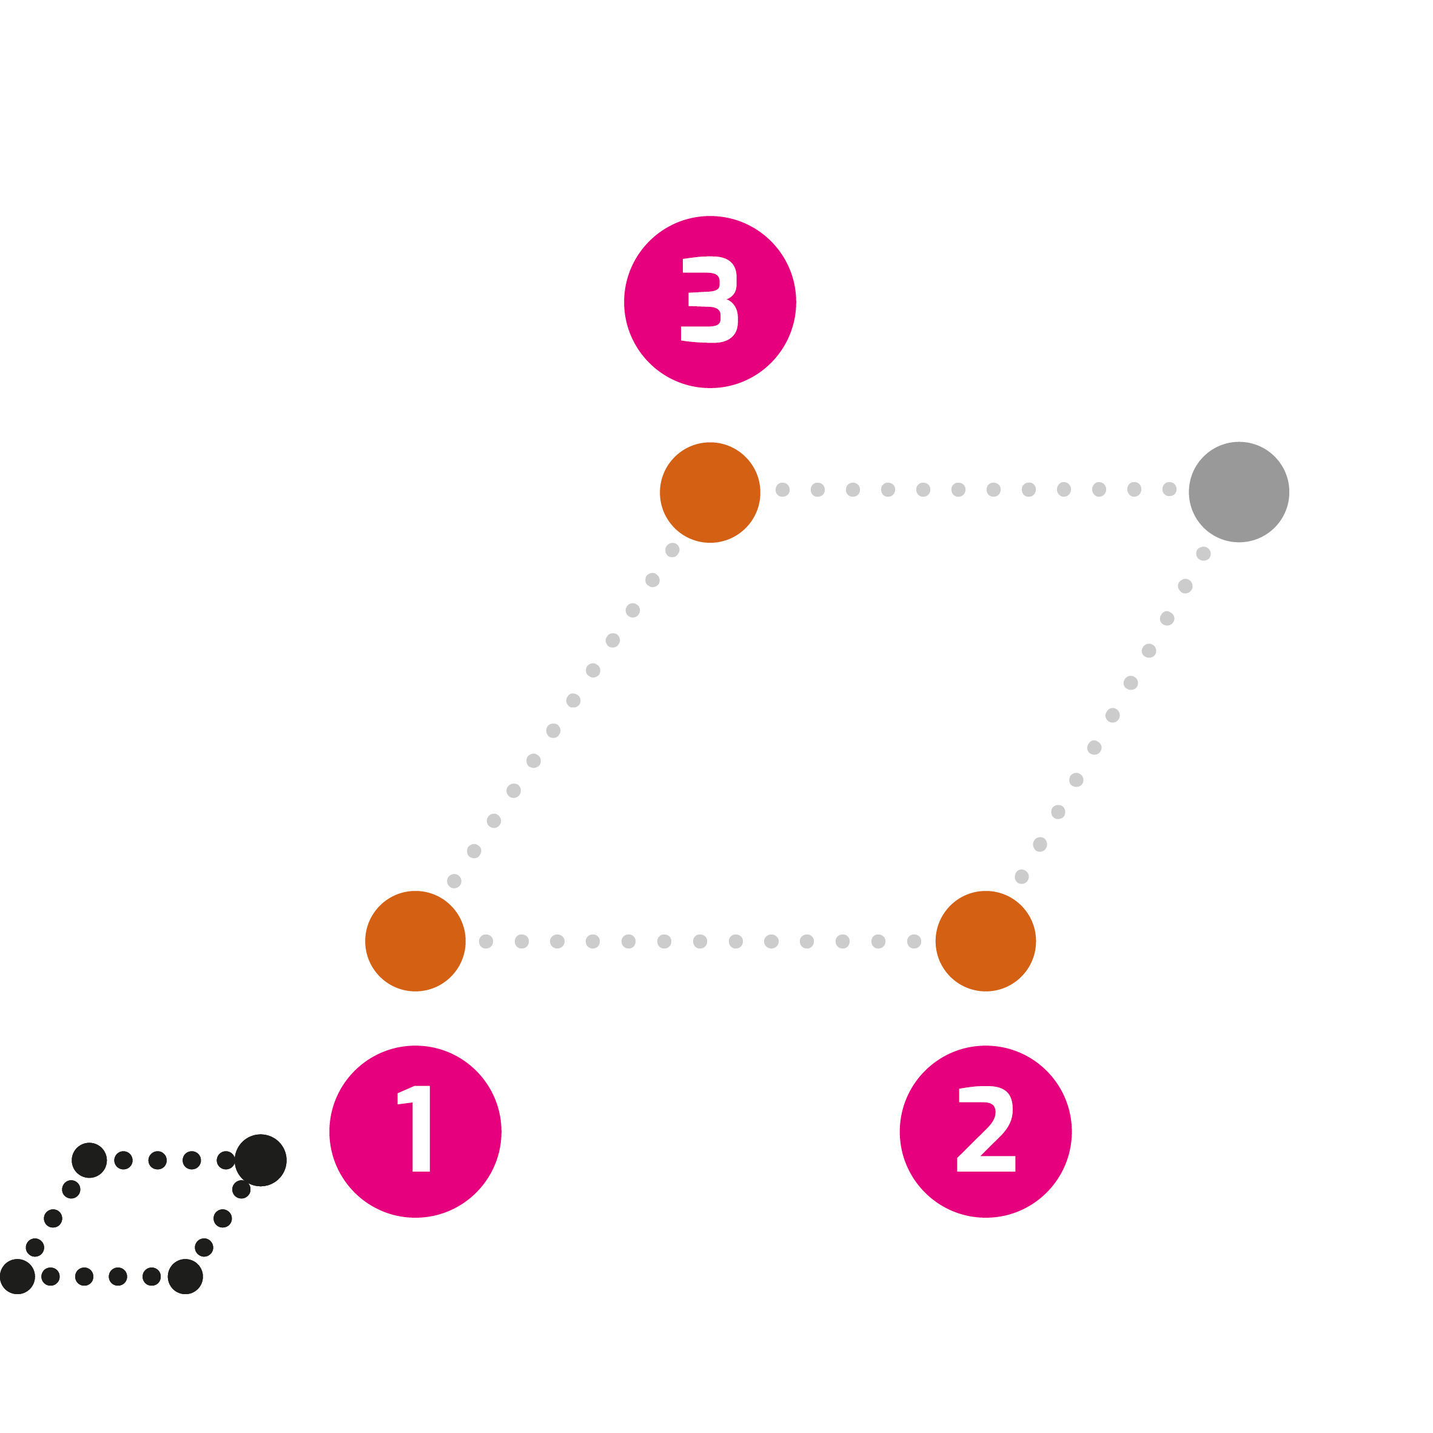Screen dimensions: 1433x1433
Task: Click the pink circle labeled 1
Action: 415,1131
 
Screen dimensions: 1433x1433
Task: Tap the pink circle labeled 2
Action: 985,1131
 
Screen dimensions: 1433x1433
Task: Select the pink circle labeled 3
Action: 710,302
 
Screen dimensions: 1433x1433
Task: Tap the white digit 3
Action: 709,300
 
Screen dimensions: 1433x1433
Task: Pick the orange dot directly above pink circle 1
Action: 415,941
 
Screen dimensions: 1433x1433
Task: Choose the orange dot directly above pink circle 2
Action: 985,941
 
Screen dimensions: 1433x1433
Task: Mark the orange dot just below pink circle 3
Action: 710,492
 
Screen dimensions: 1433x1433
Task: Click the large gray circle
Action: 1240,492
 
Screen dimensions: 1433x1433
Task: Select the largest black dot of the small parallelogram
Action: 260,1160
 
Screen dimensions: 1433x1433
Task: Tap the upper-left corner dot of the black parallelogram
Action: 89,1160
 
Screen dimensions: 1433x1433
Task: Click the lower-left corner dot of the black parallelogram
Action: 18,1277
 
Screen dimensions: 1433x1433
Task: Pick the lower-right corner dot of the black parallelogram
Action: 186,1277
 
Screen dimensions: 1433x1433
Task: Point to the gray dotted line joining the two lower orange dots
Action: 700,941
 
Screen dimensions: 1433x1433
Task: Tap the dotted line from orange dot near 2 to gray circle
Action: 1113,715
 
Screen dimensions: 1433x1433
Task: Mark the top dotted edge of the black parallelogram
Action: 174,1160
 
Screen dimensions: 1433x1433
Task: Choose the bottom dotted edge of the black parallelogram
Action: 101,1277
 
